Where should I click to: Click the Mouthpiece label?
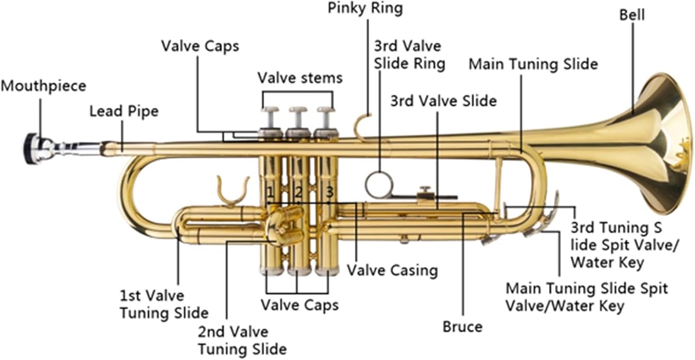43,86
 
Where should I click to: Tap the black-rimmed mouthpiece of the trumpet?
32,148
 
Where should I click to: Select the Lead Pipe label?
124,111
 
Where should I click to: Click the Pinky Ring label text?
365,8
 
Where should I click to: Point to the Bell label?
632,15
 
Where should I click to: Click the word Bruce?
462,327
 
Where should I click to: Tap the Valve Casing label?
392,270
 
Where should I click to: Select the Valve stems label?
300,77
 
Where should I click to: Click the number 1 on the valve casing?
270,191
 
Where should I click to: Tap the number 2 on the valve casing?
298,191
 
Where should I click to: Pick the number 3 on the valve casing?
329,191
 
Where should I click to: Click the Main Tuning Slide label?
533,64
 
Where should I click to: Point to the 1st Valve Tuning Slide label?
164,304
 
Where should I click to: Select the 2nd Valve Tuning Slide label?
242,340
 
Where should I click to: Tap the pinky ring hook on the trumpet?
362,124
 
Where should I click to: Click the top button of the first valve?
270,110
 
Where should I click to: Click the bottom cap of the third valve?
327,271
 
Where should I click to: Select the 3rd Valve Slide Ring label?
409,55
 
